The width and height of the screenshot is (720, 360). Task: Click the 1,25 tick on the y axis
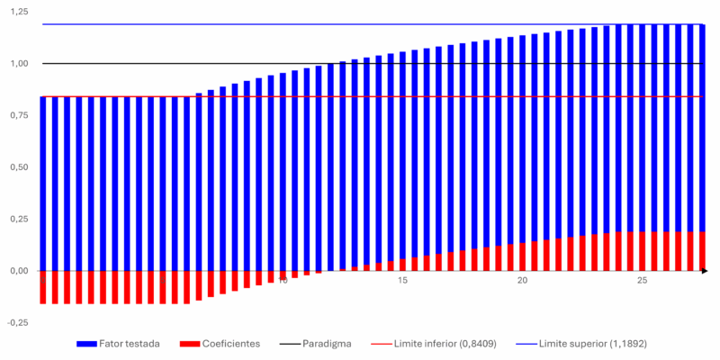(x=18, y=12)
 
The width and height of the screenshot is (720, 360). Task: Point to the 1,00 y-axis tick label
(x=18, y=64)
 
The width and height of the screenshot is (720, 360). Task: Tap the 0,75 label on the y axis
(x=18, y=115)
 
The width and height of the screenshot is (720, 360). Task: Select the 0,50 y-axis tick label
(x=18, y=167)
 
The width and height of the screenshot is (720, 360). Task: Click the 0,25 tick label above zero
(x=18, y=219)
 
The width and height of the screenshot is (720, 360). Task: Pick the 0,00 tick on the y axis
(x=18, y=271)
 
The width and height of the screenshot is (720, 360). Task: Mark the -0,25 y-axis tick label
(x=16, y=322)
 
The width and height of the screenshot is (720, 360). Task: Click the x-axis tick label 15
(x=402, y=282)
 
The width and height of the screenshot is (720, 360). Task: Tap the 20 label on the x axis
(x=522, y=282)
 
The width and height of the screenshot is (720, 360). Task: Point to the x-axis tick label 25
(x=642, y=282)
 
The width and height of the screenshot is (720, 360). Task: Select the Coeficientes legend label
(x=232, y=344)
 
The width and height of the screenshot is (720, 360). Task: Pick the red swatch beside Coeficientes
(x=190, y=344)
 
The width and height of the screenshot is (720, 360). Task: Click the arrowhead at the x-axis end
(x=705, y=271)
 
